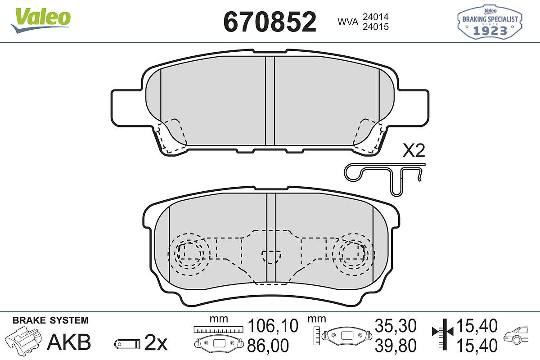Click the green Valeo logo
[x=41, y=20]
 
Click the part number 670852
[x=270, y=22]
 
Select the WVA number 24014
[x=376, y=17]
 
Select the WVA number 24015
[x=376, y=27]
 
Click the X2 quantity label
[x=414, y=151]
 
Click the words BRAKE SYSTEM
[x=50, y=320]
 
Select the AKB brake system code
[x=69, y=342]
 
